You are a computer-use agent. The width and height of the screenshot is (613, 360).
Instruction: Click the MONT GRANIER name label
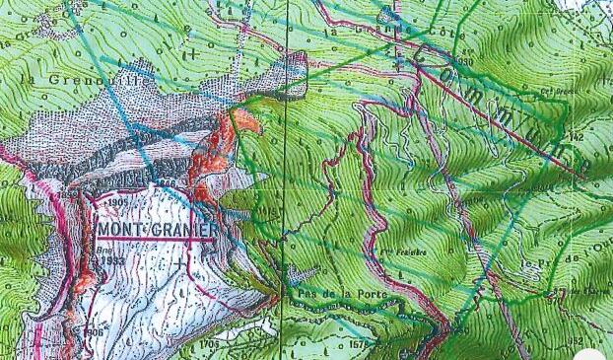[x=158, y=229]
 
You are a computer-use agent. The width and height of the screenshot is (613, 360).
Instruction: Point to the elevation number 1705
[x=209, y=344]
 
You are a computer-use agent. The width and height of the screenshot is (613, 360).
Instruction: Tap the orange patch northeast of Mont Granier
[x=243, y=124]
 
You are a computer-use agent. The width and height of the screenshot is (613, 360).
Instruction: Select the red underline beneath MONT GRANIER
[x=158, y=239]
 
